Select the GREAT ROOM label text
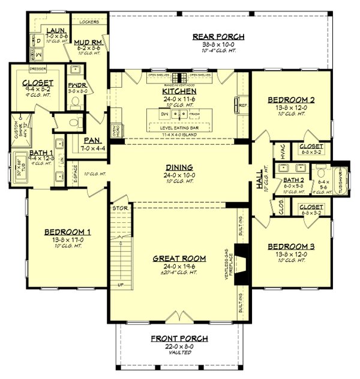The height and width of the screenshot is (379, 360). click(x=180, y=259)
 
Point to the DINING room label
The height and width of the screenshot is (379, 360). click(x=180, y=167)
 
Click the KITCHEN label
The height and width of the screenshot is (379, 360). click(x=179, y=91)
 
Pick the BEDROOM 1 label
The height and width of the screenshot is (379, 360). click(x=68, y=231)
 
